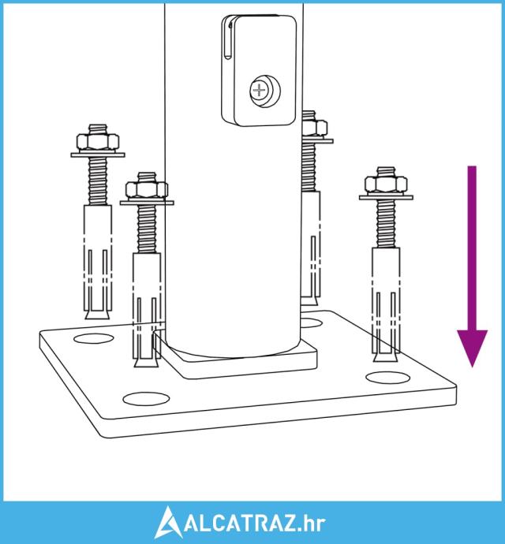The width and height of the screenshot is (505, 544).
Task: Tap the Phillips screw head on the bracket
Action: point(260,91)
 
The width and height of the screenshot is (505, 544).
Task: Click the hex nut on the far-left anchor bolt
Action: point(98,142)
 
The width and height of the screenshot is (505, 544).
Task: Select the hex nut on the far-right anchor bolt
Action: point(386,184)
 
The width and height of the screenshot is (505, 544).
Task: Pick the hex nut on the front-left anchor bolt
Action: point(147,189)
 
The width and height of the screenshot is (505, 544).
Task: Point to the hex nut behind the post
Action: point(315,129)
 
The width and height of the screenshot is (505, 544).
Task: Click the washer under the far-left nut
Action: point(98,155)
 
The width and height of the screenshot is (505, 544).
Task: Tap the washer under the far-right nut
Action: point(386,197)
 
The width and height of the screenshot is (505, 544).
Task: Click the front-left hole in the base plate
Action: point(146,399)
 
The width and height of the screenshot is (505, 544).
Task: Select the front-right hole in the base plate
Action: point(388,378)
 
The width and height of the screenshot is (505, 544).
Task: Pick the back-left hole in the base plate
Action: point(94,338)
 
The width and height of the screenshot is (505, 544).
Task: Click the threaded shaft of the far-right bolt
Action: point(386,224)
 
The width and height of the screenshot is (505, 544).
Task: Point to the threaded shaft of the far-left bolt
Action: point(98,181)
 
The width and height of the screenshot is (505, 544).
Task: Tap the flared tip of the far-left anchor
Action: point(98,315)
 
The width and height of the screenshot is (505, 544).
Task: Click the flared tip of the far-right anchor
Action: point(386,357)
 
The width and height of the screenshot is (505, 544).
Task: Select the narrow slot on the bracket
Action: point(226,40)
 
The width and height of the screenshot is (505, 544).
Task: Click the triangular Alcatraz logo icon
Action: point(168,522)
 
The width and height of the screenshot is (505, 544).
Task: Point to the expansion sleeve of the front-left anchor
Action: point(147,306)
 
